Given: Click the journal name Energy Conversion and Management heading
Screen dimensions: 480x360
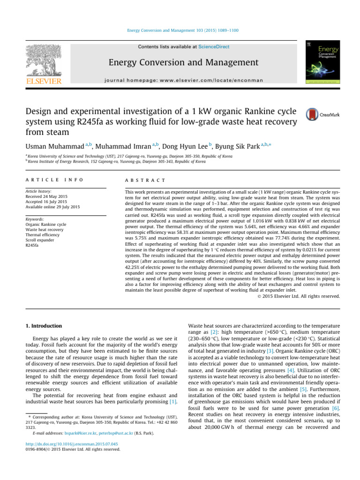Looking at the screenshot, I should (x=183, y=62).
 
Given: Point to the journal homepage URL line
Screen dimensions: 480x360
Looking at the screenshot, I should (x=183, y=80).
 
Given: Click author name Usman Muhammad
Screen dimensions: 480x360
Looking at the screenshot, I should (x=52, y=147).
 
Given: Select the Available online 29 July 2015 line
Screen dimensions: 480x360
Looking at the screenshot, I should (x=53, y=207).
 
